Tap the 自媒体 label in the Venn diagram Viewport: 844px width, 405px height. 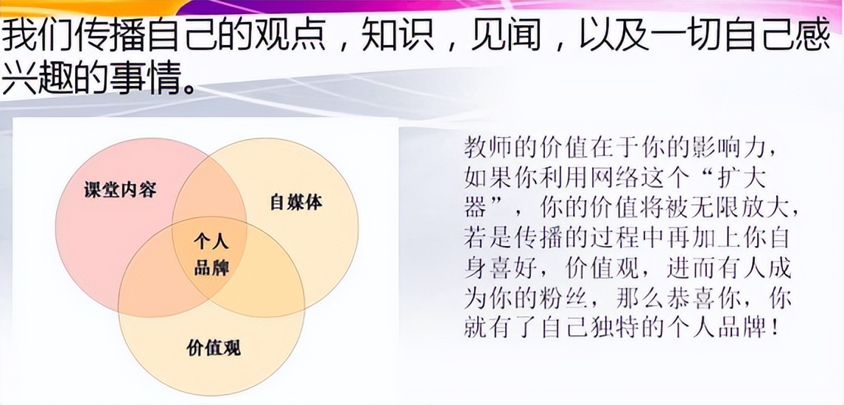pos(296,202)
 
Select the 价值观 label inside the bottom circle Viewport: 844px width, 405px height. pos(214,346)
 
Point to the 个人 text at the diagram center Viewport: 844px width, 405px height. pos(211,241)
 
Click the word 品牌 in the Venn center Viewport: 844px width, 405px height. pos(211,267)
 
